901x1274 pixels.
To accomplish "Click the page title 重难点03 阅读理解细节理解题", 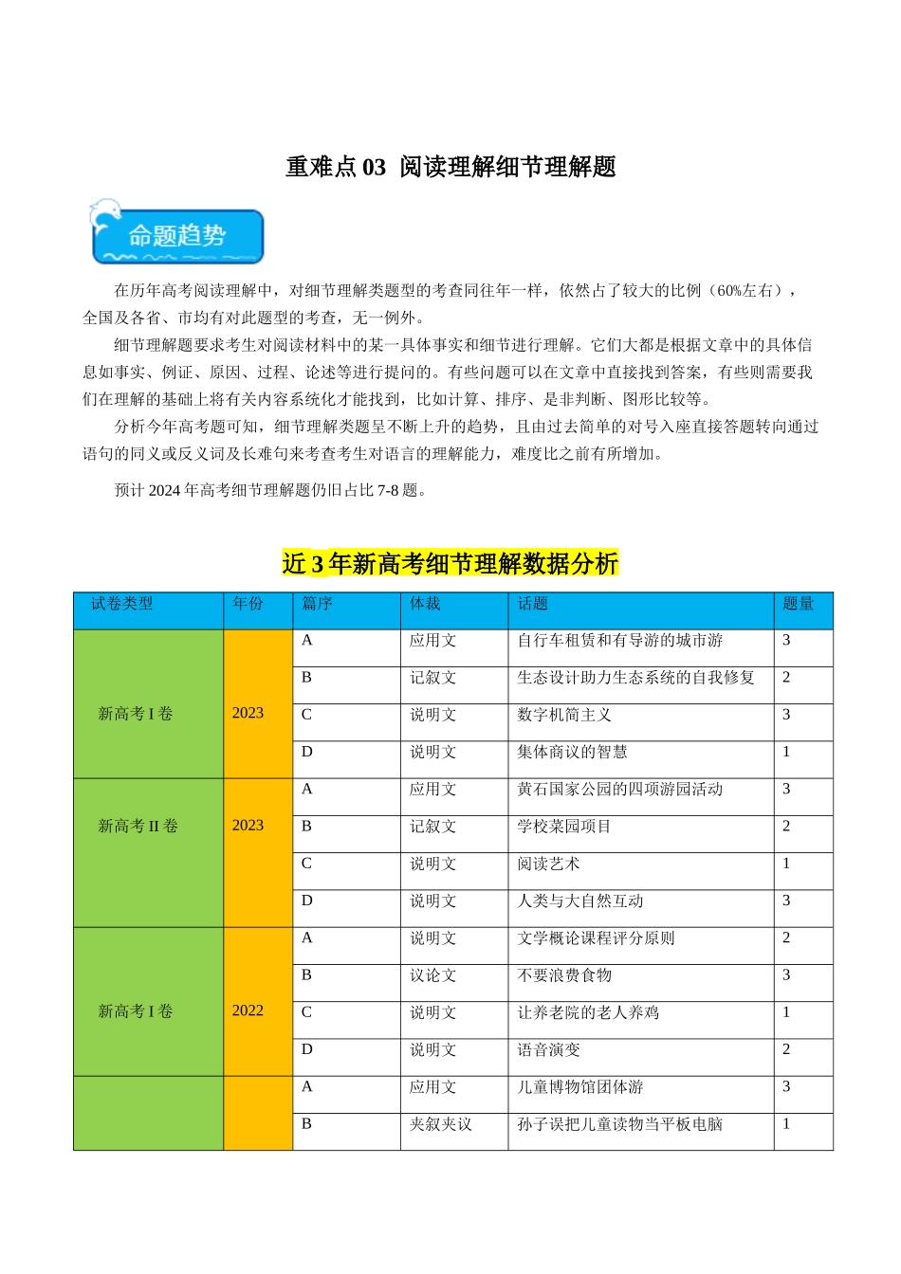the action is (450, 167).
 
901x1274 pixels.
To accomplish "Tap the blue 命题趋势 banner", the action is (178, 236).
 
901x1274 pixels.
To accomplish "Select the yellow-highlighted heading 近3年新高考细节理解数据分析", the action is (450, 564).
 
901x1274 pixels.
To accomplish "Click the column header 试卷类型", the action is (121, 604).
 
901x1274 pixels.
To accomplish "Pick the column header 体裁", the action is (425, 604).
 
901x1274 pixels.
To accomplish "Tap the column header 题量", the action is (798, 604).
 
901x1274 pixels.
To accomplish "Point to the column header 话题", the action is (533, 604).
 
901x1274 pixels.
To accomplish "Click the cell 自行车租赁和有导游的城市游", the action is (619, 641).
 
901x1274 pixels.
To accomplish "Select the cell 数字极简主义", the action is (564, 715).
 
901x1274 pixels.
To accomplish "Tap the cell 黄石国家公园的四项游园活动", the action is (619, 789).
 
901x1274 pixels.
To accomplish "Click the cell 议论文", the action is (432, 975).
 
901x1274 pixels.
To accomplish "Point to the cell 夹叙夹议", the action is (440, 1124).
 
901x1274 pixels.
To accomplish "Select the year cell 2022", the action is (248, 1010).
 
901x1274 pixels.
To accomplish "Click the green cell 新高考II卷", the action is (138, 826).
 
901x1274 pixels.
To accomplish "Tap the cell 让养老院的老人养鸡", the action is (588, 1012).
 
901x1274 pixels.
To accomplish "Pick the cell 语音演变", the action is (548, 1050).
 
